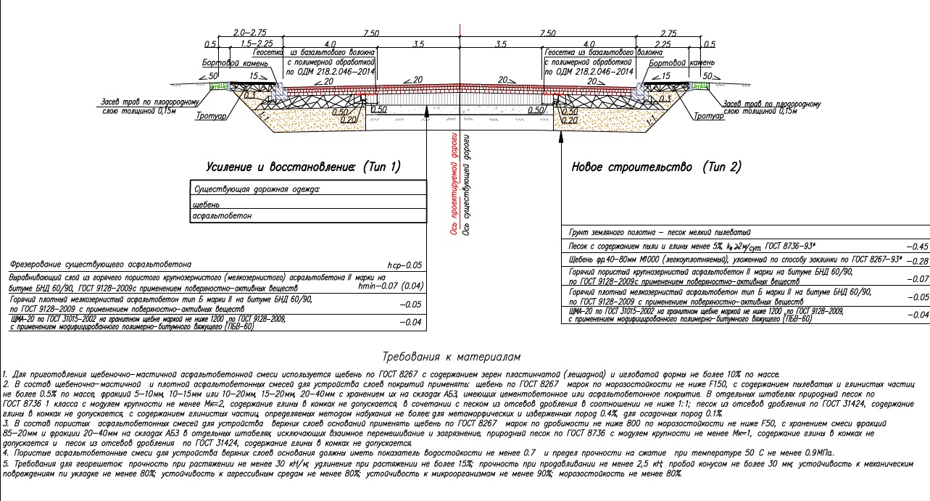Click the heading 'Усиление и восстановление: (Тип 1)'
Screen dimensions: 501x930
[303, 167]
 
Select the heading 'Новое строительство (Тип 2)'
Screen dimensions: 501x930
[656, 167]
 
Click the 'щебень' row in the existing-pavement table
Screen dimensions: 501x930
[207, 203]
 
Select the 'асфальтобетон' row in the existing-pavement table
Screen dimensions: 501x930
[221, 216]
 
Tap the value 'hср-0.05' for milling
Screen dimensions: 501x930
[404, 266]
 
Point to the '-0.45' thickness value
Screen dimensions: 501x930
[915, 247]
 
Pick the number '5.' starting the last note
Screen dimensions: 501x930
[6, 463]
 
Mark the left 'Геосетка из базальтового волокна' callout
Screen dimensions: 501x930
[312, 53]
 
